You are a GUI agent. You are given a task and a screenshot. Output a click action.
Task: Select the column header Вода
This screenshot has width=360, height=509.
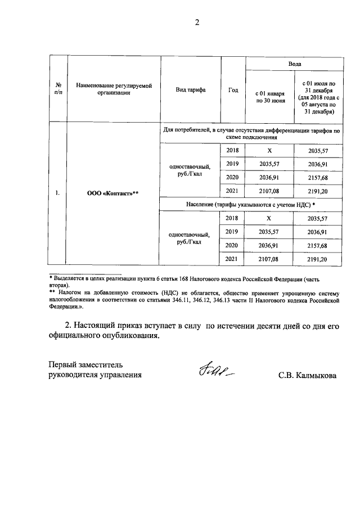point(294,64)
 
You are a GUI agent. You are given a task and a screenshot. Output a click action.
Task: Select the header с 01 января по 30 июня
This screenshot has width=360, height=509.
point(269,97)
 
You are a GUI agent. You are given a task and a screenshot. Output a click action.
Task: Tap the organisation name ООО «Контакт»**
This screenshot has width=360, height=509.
point(112,193)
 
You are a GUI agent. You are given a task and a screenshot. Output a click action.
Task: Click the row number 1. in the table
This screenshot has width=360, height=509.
point(58,193)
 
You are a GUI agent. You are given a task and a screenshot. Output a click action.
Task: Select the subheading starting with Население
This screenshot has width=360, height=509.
point(250,204)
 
